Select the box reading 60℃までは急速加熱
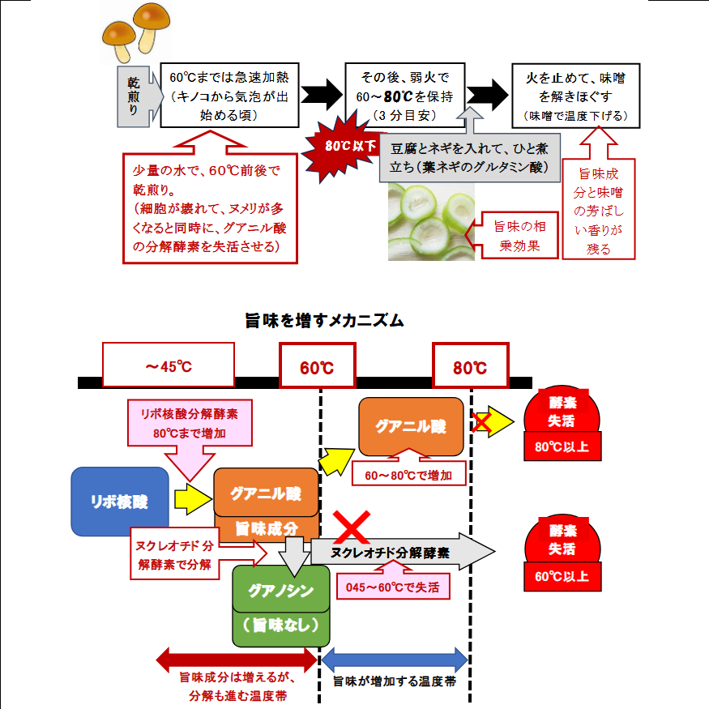(x=228, y=96)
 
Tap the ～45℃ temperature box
(x=169, y=365)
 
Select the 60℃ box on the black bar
(x=316, y=367)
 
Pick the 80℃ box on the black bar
(x=469, y=367)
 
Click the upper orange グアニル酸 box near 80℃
(x=411, y=426)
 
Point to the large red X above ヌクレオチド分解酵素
(x=353, y=527)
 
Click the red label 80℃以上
(x=562, y=446)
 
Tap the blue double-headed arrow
(x=395, y=658)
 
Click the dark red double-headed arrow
(x=236, y=658)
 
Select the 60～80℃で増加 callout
(x=410, y=474)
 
